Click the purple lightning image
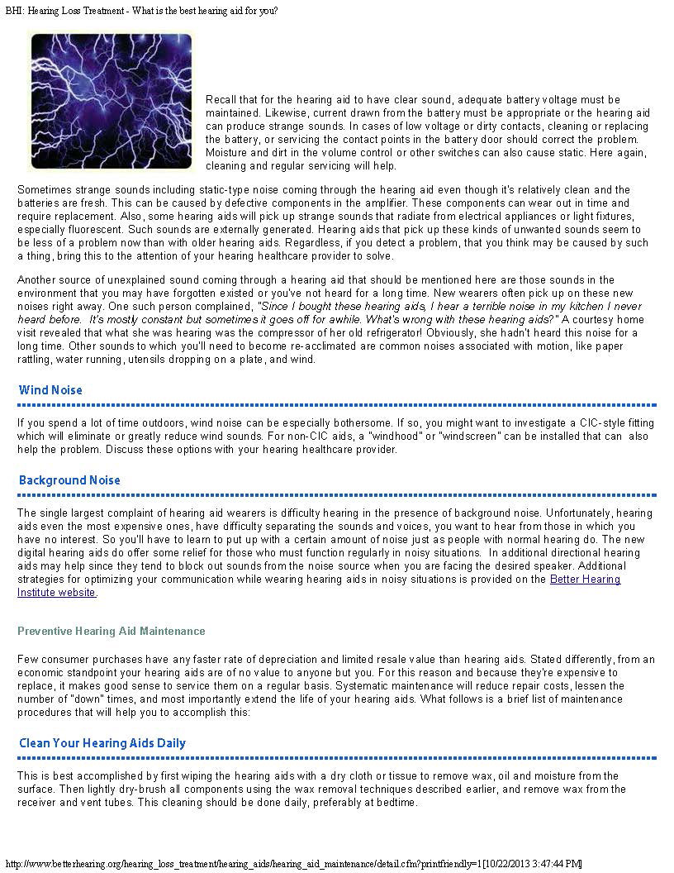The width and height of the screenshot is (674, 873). pyautogui.click(x=111, y=100)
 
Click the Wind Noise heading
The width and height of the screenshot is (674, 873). pyautogui.click(x=50, y=390)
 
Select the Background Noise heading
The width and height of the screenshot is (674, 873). pyautogui.click(x=69, y=480)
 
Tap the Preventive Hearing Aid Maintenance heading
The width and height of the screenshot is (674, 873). pyautogui.click(x=111, y=631)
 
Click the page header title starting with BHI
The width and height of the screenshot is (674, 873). pyautogui.click(x=141, y=11)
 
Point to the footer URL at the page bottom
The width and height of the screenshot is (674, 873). pyautogui.click(x=293, y=864)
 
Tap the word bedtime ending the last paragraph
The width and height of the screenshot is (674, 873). pyautogui.click(x=394, y=802)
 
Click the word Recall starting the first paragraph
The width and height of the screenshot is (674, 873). pyautogui.click(x=221, y=100)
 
